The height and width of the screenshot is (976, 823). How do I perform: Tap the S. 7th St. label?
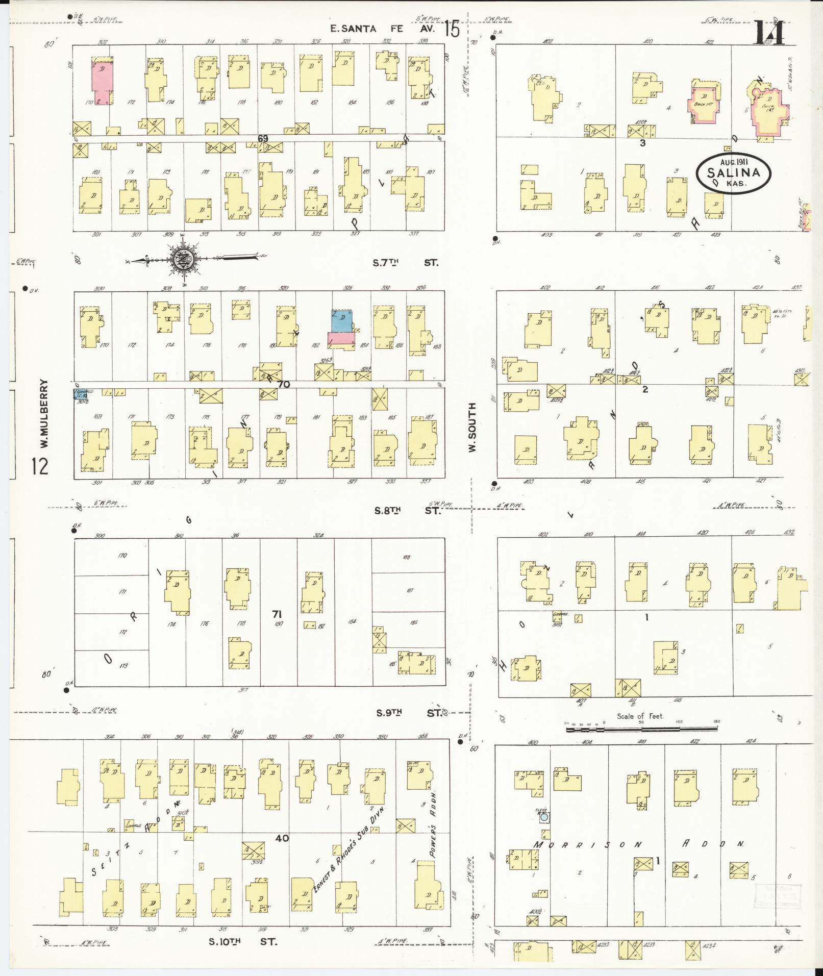(406, 263)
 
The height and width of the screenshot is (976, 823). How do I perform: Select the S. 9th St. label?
(409, 713)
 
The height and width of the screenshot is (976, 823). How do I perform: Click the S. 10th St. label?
(243, 941)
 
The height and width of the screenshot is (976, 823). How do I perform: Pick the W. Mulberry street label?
(44, 414)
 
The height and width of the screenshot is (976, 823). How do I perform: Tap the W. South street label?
(471, 427)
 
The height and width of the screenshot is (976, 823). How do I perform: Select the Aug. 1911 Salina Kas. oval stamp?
(733, 173)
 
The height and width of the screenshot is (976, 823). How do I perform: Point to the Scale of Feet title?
(640, 716)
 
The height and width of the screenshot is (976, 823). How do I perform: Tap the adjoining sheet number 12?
(40, 466)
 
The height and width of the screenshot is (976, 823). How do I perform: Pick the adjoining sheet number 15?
(452, 29)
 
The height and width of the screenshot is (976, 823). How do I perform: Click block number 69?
(263, 138)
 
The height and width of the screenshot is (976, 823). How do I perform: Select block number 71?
(278, 614)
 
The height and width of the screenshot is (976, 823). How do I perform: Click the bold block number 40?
(282, 838)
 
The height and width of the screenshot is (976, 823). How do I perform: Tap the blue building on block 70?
(341, 320)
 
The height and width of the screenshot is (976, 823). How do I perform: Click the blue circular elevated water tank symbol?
(544, 817)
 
